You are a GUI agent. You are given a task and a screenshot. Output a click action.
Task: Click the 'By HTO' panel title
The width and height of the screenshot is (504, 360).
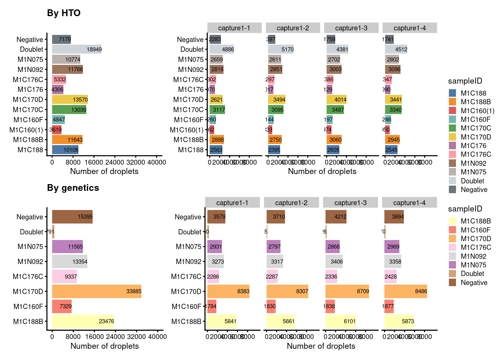coord(64,13)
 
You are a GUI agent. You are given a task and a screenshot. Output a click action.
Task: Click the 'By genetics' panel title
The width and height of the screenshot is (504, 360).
coord(73,188)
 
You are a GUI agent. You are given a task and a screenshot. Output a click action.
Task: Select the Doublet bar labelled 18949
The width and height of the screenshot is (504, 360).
coord(77,49)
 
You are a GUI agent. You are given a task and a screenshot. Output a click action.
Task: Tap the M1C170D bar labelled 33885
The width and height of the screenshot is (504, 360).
coord(97,291)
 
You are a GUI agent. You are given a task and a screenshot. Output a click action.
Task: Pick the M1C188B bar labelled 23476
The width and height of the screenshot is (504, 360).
coord(83,321)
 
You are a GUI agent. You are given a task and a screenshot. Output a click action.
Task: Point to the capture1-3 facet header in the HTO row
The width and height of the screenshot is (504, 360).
coord(351,28)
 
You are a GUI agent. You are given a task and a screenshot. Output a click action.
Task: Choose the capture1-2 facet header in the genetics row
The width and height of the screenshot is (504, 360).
coord(291,203)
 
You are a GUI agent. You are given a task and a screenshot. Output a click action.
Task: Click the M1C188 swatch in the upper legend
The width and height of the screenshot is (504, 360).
coord(453,93)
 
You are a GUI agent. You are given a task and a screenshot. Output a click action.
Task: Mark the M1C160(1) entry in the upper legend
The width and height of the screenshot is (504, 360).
coord(477,111)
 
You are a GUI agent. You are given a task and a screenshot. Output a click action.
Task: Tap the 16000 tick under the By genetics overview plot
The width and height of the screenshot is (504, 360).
coord(94,337)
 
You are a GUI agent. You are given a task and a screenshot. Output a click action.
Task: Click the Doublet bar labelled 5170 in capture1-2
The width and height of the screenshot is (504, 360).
coord(281,49)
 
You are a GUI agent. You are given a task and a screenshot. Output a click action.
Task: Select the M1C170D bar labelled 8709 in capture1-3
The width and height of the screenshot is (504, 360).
coord(347,291)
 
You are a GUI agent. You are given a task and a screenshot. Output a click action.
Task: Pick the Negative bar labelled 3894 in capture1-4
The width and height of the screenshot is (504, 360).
coord(394,217)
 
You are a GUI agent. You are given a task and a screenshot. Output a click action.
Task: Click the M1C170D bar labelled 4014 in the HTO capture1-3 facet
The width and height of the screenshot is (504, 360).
coord(337,99)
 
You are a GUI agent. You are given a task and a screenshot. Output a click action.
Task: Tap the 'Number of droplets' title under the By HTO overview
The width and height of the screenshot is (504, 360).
coord(104,171)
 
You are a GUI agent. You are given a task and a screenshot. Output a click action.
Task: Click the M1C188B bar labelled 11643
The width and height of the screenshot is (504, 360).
coord(67,139)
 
